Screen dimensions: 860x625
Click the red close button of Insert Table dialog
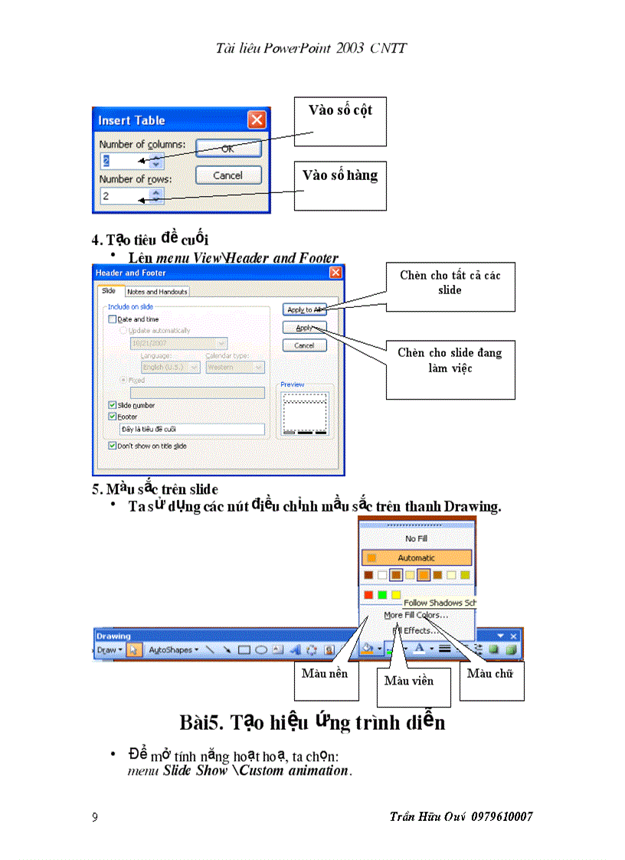[257, 120]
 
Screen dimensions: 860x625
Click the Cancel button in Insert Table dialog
[227, 175]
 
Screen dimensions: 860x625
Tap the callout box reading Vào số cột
[340, 121]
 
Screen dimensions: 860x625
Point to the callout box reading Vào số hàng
[340, 185]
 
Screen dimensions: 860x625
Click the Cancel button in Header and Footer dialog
[304, 345]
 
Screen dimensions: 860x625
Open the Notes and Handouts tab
[157, 292]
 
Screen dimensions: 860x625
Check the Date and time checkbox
[113, 319]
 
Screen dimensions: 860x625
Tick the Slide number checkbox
[113, 405]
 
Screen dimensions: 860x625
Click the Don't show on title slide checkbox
[113, 446]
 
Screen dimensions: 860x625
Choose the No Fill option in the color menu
[417, 539]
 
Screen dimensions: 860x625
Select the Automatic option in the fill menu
[417, 558]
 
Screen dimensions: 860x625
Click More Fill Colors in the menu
[417, 615]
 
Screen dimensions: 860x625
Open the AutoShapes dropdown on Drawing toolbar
[172, 649]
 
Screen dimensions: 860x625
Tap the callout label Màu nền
[325, 674]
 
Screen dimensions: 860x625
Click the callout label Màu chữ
[490, 674]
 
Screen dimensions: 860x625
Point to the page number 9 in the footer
[95, 817]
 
